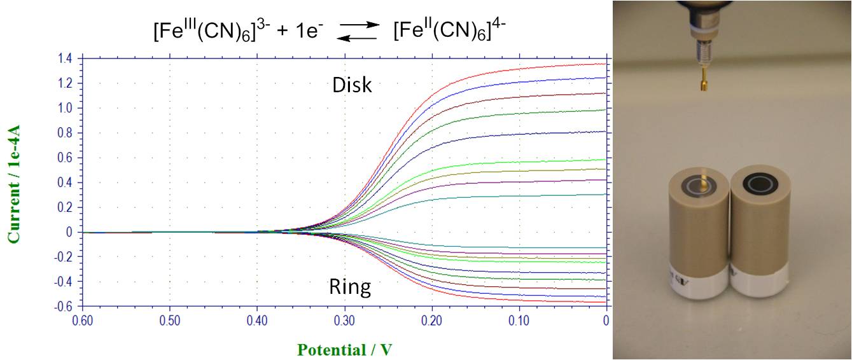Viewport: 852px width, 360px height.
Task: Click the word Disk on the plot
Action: tap(352, 85)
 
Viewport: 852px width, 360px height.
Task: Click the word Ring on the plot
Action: tap(350, 287)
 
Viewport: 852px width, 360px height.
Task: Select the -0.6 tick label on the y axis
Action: tap(64, 307)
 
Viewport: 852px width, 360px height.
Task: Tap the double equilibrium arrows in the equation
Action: tap(359, 31)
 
